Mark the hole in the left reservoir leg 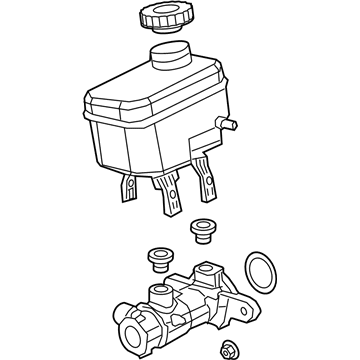[129, 183]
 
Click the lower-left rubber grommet [158, 260]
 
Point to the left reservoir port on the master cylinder [161, 296]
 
